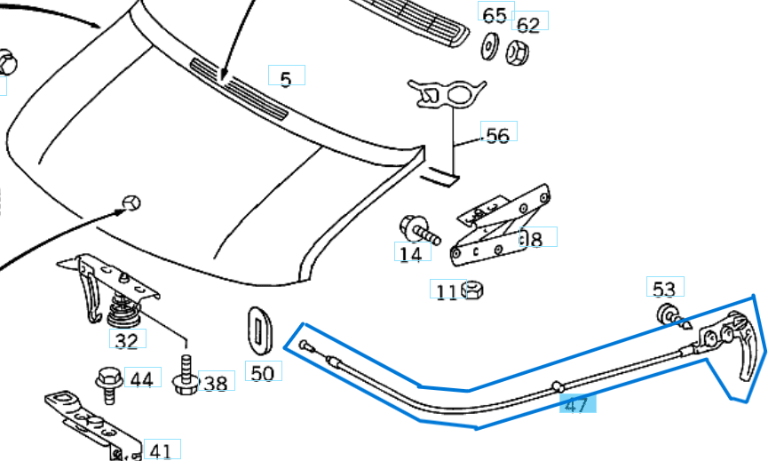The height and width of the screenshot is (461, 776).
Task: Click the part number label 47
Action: coord(576,405)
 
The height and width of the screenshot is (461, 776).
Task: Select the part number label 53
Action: coord(663,288)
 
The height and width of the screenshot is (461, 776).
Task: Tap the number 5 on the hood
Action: coord(285,80)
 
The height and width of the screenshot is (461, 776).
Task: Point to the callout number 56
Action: coord(498,135)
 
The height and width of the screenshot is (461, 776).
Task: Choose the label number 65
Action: coord(495,15)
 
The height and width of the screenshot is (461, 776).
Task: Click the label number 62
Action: coord(528,25)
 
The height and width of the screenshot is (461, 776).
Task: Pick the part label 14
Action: coord(410,254)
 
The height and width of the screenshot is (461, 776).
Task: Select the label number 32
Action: coord(127,339)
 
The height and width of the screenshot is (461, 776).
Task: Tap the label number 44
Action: coord(141,379)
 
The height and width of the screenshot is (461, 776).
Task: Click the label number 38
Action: coord(215,383)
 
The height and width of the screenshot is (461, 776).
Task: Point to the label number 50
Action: coord(262,372)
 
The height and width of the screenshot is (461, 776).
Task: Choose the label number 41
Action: coord(160,450)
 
